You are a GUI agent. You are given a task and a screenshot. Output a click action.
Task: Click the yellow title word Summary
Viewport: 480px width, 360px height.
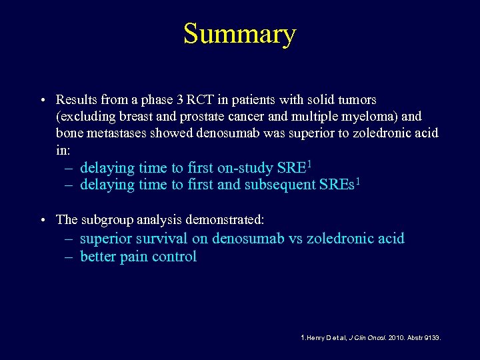point(239,35)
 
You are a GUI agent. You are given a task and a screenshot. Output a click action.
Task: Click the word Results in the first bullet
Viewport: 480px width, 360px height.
point(76,100)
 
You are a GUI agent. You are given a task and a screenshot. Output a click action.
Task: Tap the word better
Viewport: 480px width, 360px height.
point(98,257)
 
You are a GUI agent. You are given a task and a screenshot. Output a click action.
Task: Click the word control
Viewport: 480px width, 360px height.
point(175,257)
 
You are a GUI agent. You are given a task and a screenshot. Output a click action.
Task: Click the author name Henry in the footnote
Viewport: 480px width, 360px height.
point(315,338)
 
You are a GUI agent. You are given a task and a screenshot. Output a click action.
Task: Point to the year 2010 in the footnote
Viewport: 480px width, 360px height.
point(396,338)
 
